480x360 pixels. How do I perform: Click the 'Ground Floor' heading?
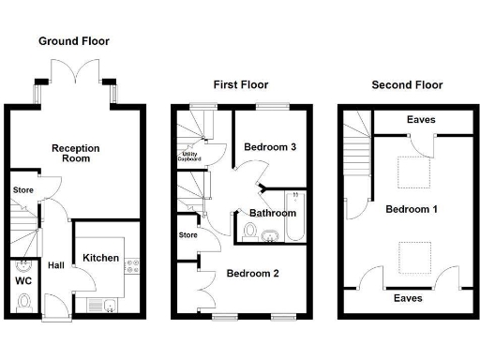[x=73, y=41]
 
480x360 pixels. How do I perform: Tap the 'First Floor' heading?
[x=242, y=84]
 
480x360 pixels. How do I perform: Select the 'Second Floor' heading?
[x=407, y=84]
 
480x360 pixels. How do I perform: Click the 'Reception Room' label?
[x=76, y=153]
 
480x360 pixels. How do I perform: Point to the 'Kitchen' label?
[x=100, y=257]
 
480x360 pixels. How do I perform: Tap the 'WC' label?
[x=24, y=279]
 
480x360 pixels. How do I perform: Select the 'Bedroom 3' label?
[x=270, y=147]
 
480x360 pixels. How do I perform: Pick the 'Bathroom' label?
[x=272, y=213]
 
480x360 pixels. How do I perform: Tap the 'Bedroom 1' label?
[x=411, y=208]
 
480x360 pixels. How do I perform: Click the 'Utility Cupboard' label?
[x=190, y=157]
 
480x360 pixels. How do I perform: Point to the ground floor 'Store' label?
[x=23, y=190]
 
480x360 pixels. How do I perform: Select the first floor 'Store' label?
[x=187, y=234]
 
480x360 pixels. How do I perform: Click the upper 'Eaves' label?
[x=420, y=120]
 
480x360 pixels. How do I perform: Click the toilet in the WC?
[x=25, y=302]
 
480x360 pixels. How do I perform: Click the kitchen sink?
[x=106, y=305]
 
